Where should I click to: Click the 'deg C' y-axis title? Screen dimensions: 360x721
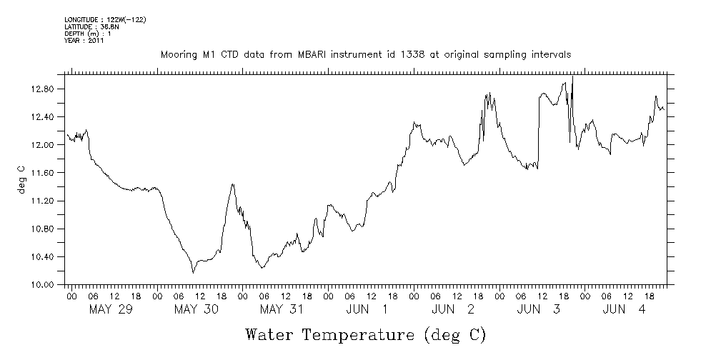[x=21, y=179]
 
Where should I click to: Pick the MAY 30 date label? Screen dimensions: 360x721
[x=196, y=309]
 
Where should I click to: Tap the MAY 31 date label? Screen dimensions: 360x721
[x=282, y=309]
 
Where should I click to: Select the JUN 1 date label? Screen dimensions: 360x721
[x=367, y=309]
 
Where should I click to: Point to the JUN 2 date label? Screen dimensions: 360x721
[x=453, y=309]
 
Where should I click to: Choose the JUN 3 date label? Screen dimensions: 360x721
[x=539, y=309]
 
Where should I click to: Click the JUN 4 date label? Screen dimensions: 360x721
[x=625, y=309]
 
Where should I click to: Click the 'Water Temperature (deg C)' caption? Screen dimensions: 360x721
[x=365, y=334]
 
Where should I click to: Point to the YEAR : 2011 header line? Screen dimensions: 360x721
[x=85, y=41]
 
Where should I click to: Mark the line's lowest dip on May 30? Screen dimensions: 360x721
[x=193, y=273]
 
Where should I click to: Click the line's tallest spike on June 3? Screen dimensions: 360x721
[x=573, y=77]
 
